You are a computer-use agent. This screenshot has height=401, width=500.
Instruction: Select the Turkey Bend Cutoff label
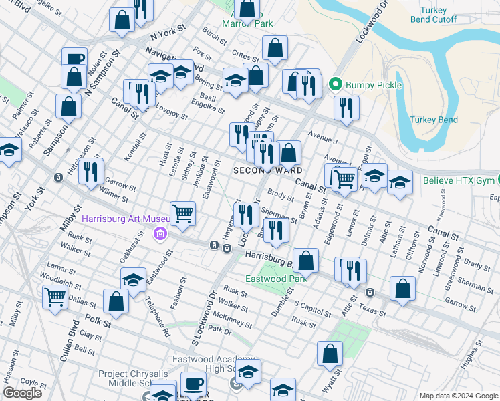[438, 15]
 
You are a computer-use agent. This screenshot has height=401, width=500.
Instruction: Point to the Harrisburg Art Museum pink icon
[160, 233]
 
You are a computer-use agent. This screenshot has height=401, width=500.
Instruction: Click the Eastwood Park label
[276, 279]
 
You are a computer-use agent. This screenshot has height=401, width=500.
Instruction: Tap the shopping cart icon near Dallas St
[55, 297]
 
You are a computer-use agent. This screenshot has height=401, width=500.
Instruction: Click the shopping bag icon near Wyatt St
[330, 354]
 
